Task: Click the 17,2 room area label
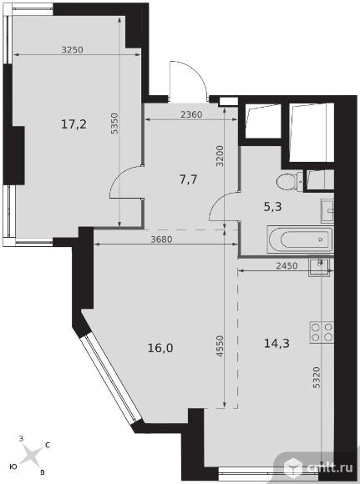[74, 124]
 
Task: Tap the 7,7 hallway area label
[188, 179]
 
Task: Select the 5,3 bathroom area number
[272, 206]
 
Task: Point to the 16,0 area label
[160, 348]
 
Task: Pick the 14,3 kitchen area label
[276, 343]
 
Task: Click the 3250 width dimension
[73, 50]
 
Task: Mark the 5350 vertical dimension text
[114, 124]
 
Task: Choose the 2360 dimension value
[191, 115]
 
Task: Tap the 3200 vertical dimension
[220, 156]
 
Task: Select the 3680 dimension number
[161, 239]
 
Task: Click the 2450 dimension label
[286, 265]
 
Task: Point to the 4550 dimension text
[220, 346]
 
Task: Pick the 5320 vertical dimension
[316, 377]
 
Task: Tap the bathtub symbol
[300, 239]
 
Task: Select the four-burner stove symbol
[322, 332]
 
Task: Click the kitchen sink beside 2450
[319, 267]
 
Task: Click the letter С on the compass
[48, 445]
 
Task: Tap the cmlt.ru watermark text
[330, 467]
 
